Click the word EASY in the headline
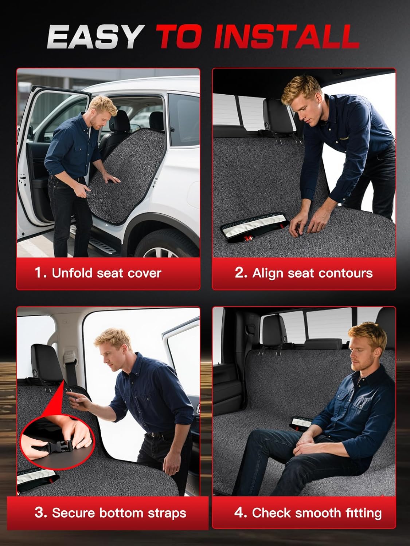coord(94,37)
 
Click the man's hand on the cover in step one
coord(111,179)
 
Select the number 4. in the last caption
coord(241,513)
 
